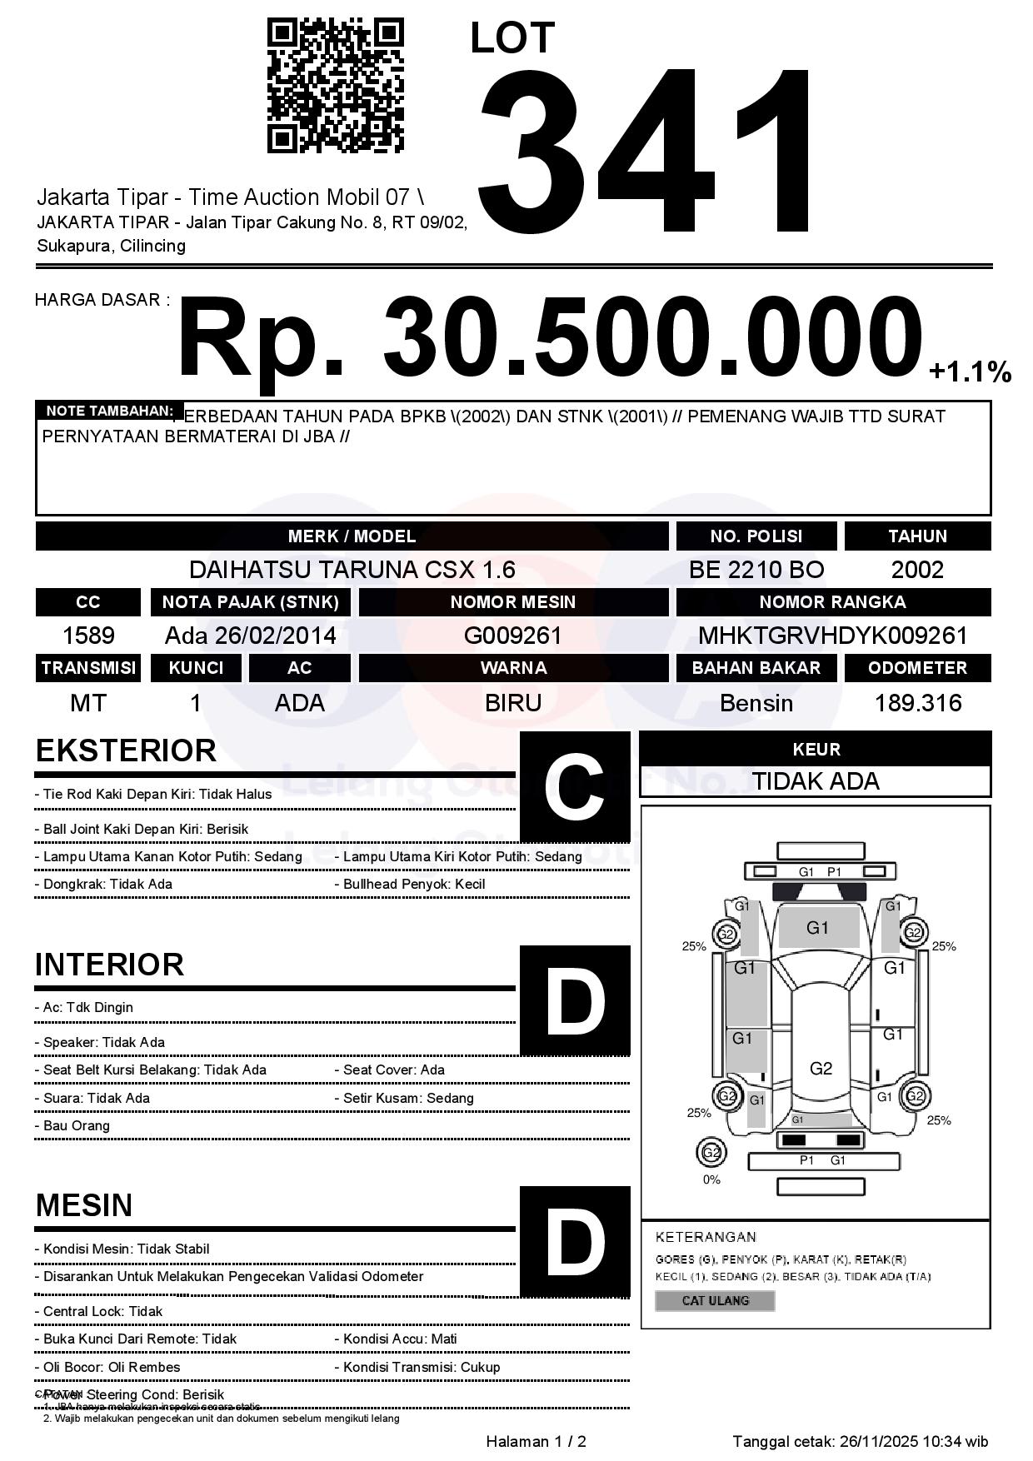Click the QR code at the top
[x=335, y=87]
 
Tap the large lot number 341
[x=646, y=150]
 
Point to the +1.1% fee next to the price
[x=970, y=372]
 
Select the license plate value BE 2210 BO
[x=756, y=570]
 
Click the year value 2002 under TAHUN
[x=917, y=570]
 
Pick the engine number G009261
[x=513, y=636]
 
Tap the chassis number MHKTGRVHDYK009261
[x=832, y=636]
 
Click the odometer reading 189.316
[x=918, y=703]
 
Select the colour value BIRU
[x=513, y=703]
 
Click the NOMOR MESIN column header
[x=513, y=601]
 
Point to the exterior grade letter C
[x=574, y=787]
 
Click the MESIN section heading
[x=84, y=1205]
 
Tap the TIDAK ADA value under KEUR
[x=816, y=781]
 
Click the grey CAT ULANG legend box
[x=715, y=1300]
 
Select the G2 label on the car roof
[x=821, y=1069]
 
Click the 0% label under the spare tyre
[x=711, y=1179]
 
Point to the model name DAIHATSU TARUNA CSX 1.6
[x=352, y=570]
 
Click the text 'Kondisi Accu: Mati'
[x=400, y=1339]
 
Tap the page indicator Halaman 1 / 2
[x=536, y=1441]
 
